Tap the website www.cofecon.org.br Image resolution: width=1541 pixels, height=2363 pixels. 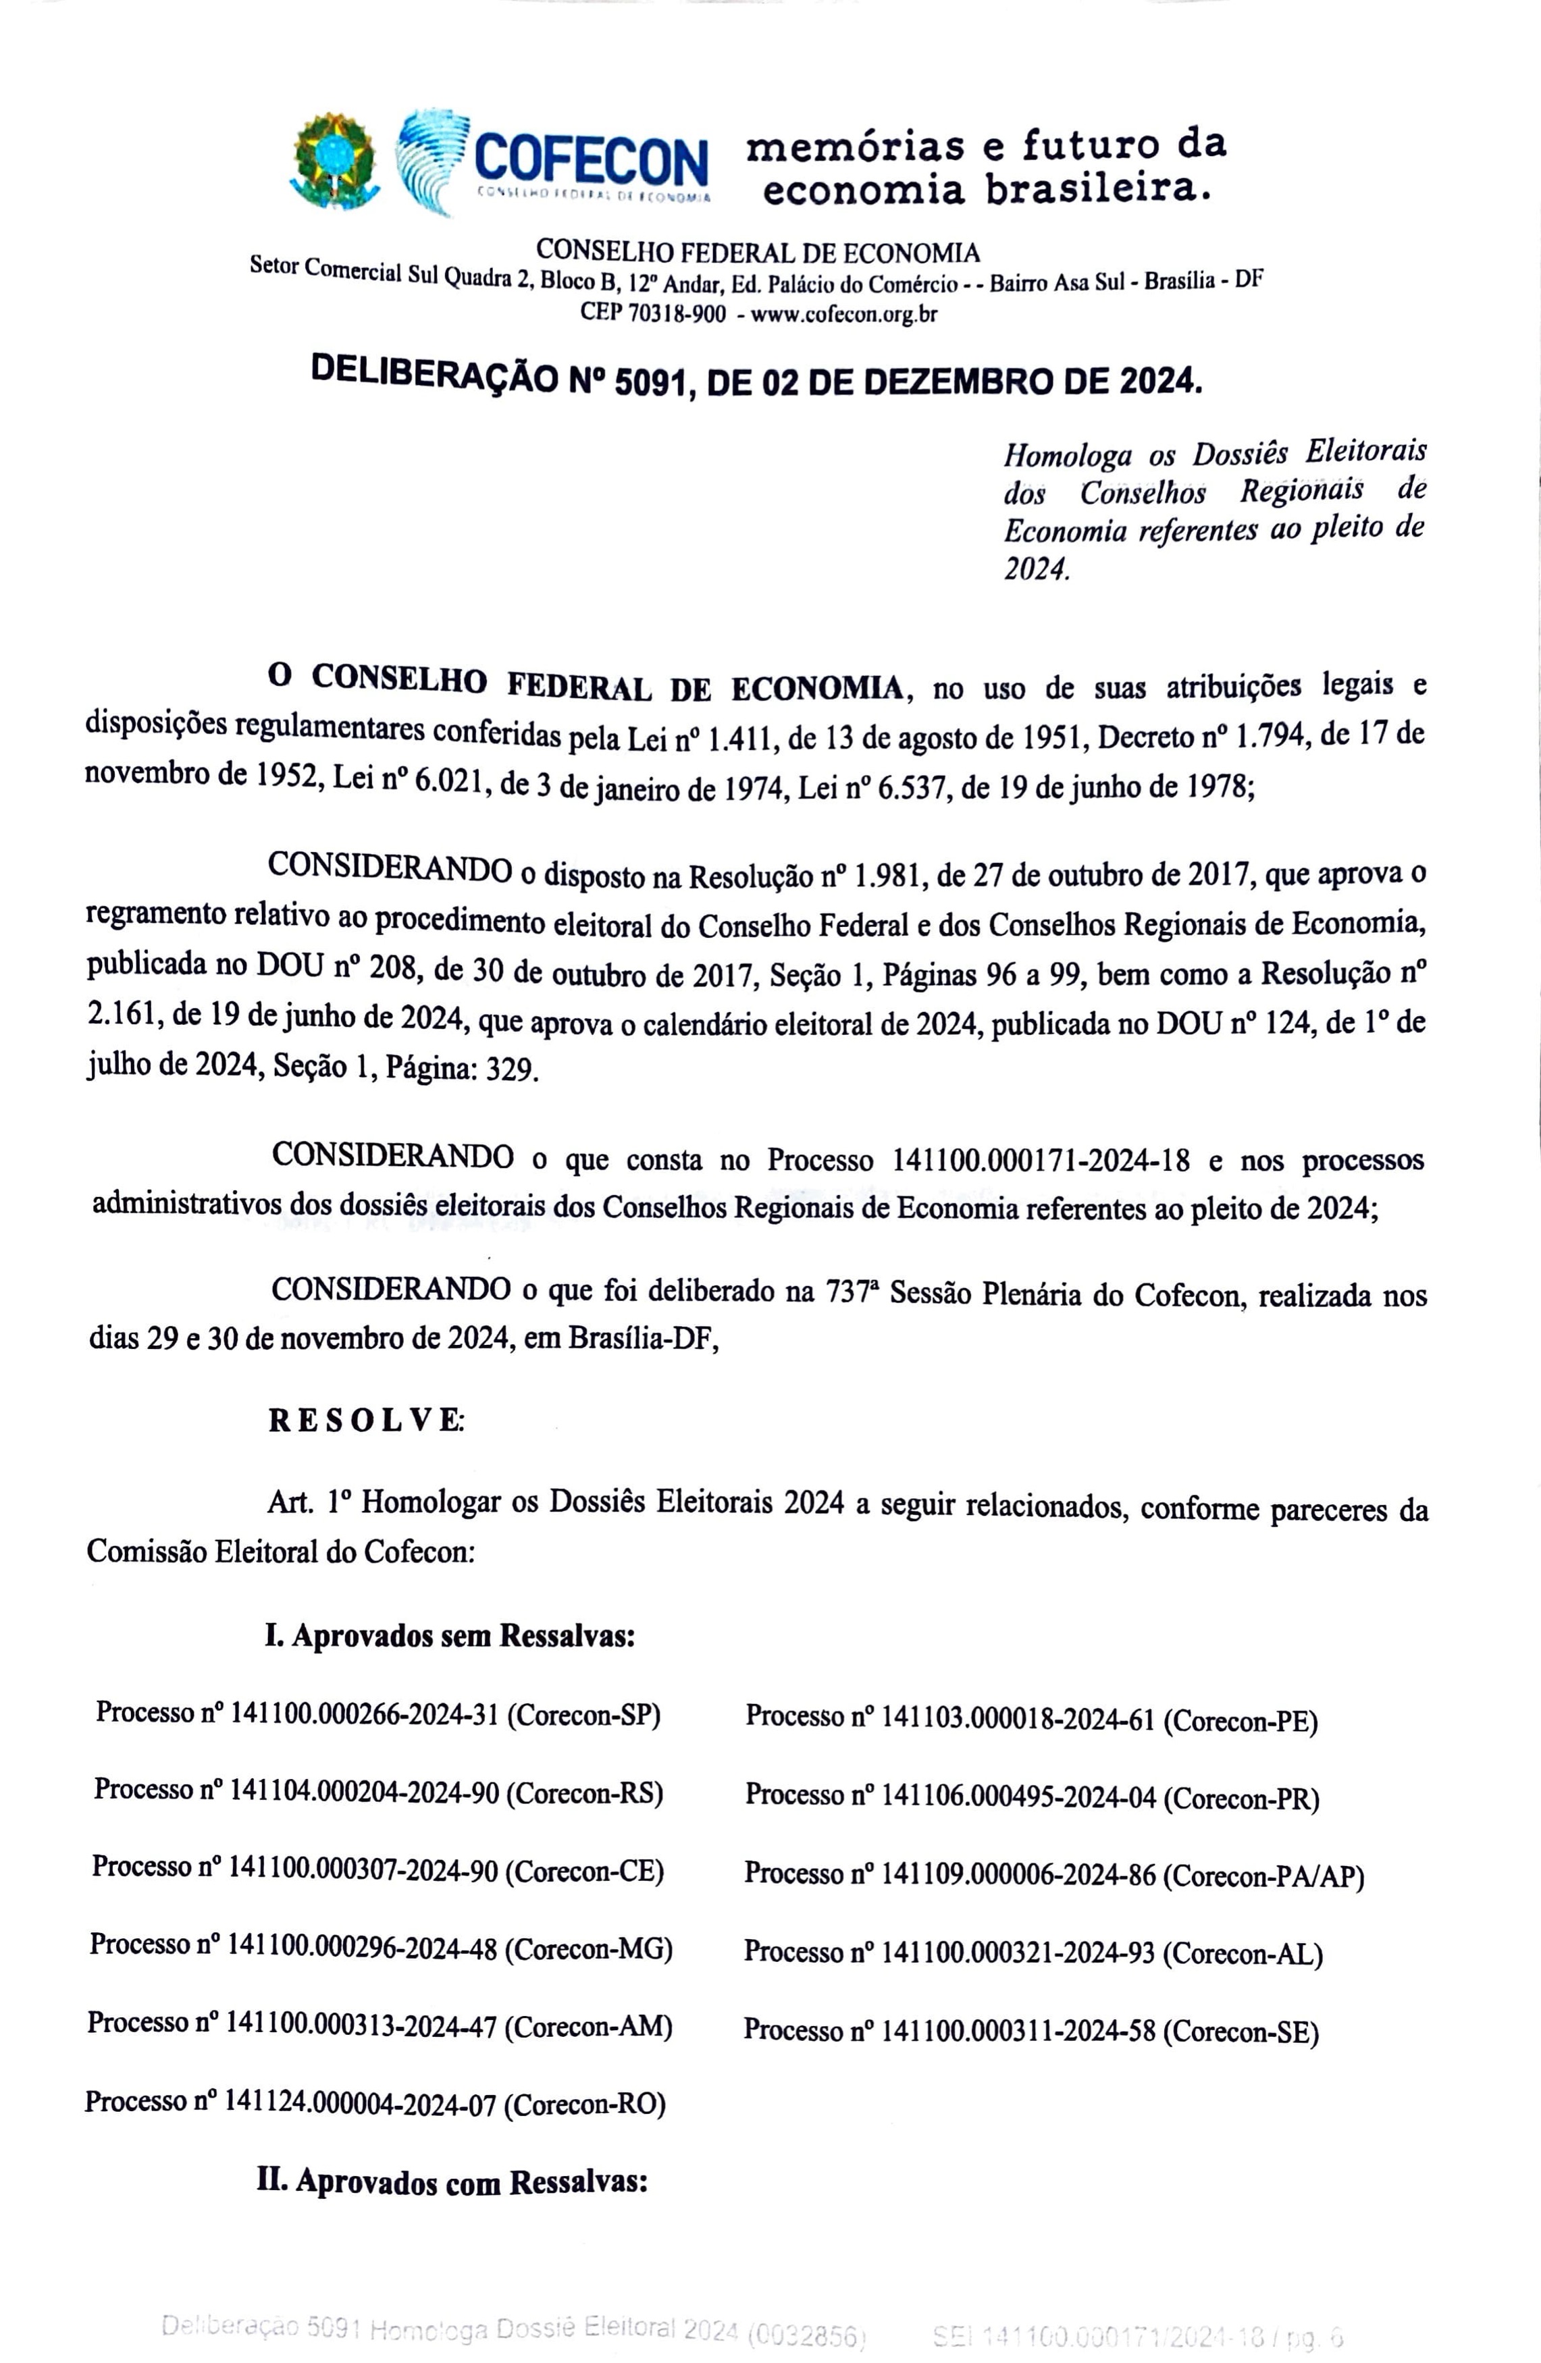point(844,315)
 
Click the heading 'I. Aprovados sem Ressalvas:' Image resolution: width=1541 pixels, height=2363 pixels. point(449,1635)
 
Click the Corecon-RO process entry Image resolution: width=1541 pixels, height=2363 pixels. point(374,2102)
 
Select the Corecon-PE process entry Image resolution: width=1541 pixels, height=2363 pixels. point(1030,1719)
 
